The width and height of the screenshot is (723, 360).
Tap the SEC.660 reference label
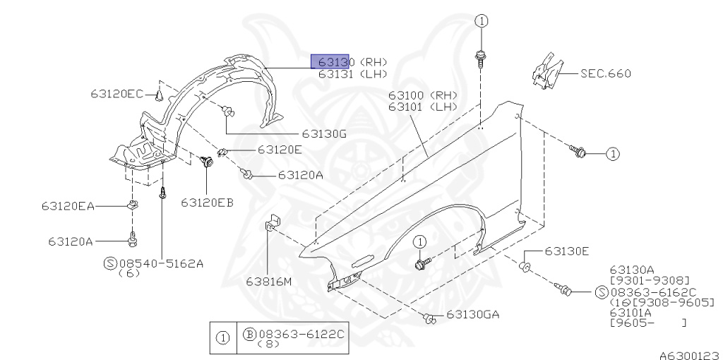605,73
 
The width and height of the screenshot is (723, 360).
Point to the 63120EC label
116,94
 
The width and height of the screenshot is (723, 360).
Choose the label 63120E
280,150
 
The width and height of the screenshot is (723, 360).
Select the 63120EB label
207,203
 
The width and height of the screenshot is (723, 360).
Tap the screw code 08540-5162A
161,263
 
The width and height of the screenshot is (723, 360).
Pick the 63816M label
268,282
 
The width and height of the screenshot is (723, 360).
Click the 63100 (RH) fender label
422,95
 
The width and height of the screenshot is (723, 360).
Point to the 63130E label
566,251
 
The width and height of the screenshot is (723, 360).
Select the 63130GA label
472,315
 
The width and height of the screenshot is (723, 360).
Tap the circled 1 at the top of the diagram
481,21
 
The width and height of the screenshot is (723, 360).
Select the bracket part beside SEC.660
546,71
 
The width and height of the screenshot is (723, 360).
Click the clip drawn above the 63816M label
272,223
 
